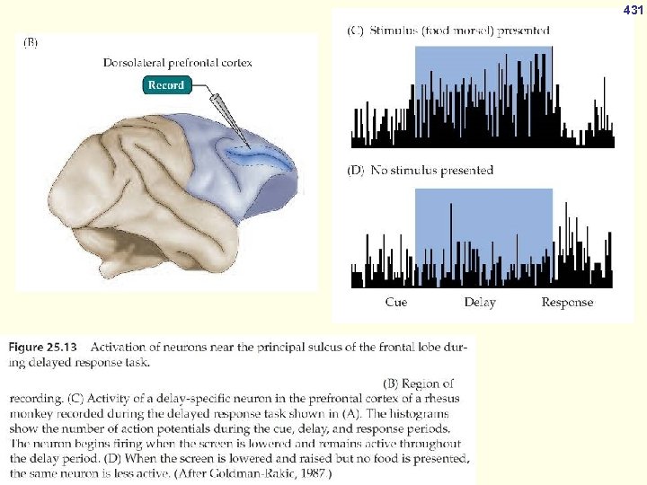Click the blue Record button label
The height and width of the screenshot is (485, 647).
[x=166, y=85]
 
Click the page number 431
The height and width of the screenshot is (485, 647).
[x=634, y=10]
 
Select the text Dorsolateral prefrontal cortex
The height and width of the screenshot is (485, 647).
[x=178, y=63]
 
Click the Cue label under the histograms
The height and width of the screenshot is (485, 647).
[x=395, y=303]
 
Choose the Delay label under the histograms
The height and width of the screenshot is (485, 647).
[x=480, y=303]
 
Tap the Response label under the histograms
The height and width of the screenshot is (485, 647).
[x=567, y=303]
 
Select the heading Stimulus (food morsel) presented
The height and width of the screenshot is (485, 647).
[x=461, y=30]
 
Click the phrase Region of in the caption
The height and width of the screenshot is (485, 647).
[x=433, y=384]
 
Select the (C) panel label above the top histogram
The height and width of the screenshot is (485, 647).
[x=357, y=30]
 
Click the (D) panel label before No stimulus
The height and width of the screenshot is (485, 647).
[x=357, y=170]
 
